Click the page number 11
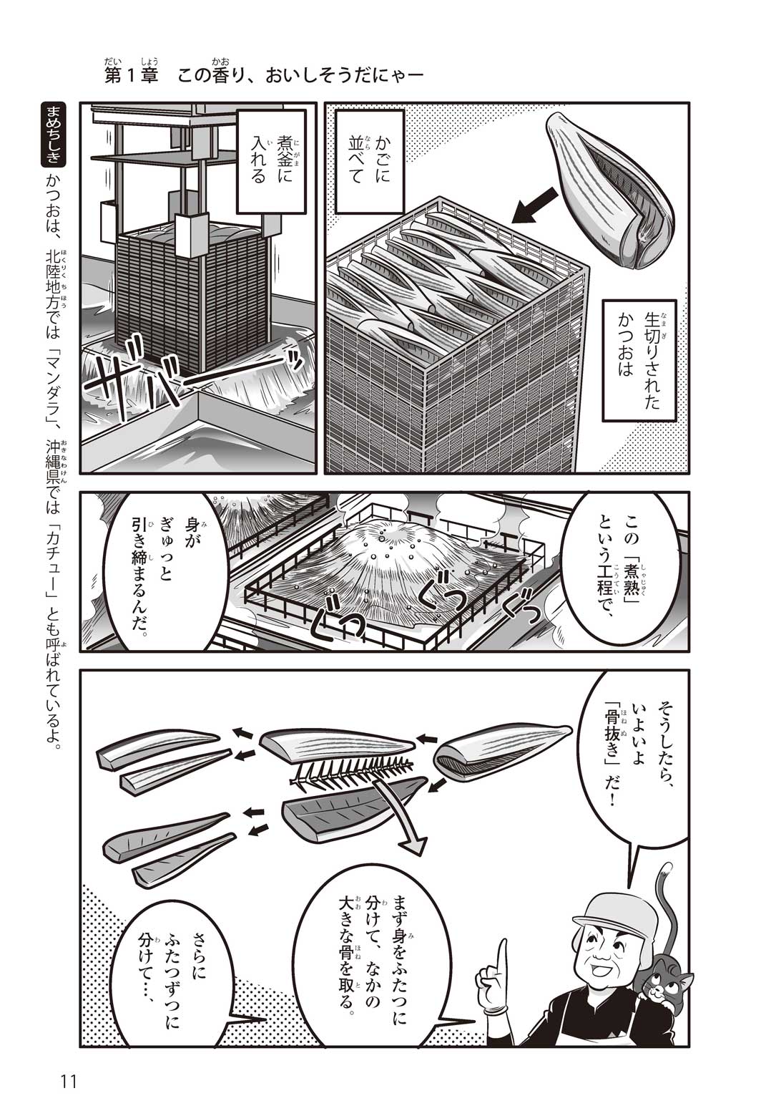68,1079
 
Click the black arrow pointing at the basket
535,205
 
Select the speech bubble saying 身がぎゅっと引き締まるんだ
160,571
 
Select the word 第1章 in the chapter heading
131,75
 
